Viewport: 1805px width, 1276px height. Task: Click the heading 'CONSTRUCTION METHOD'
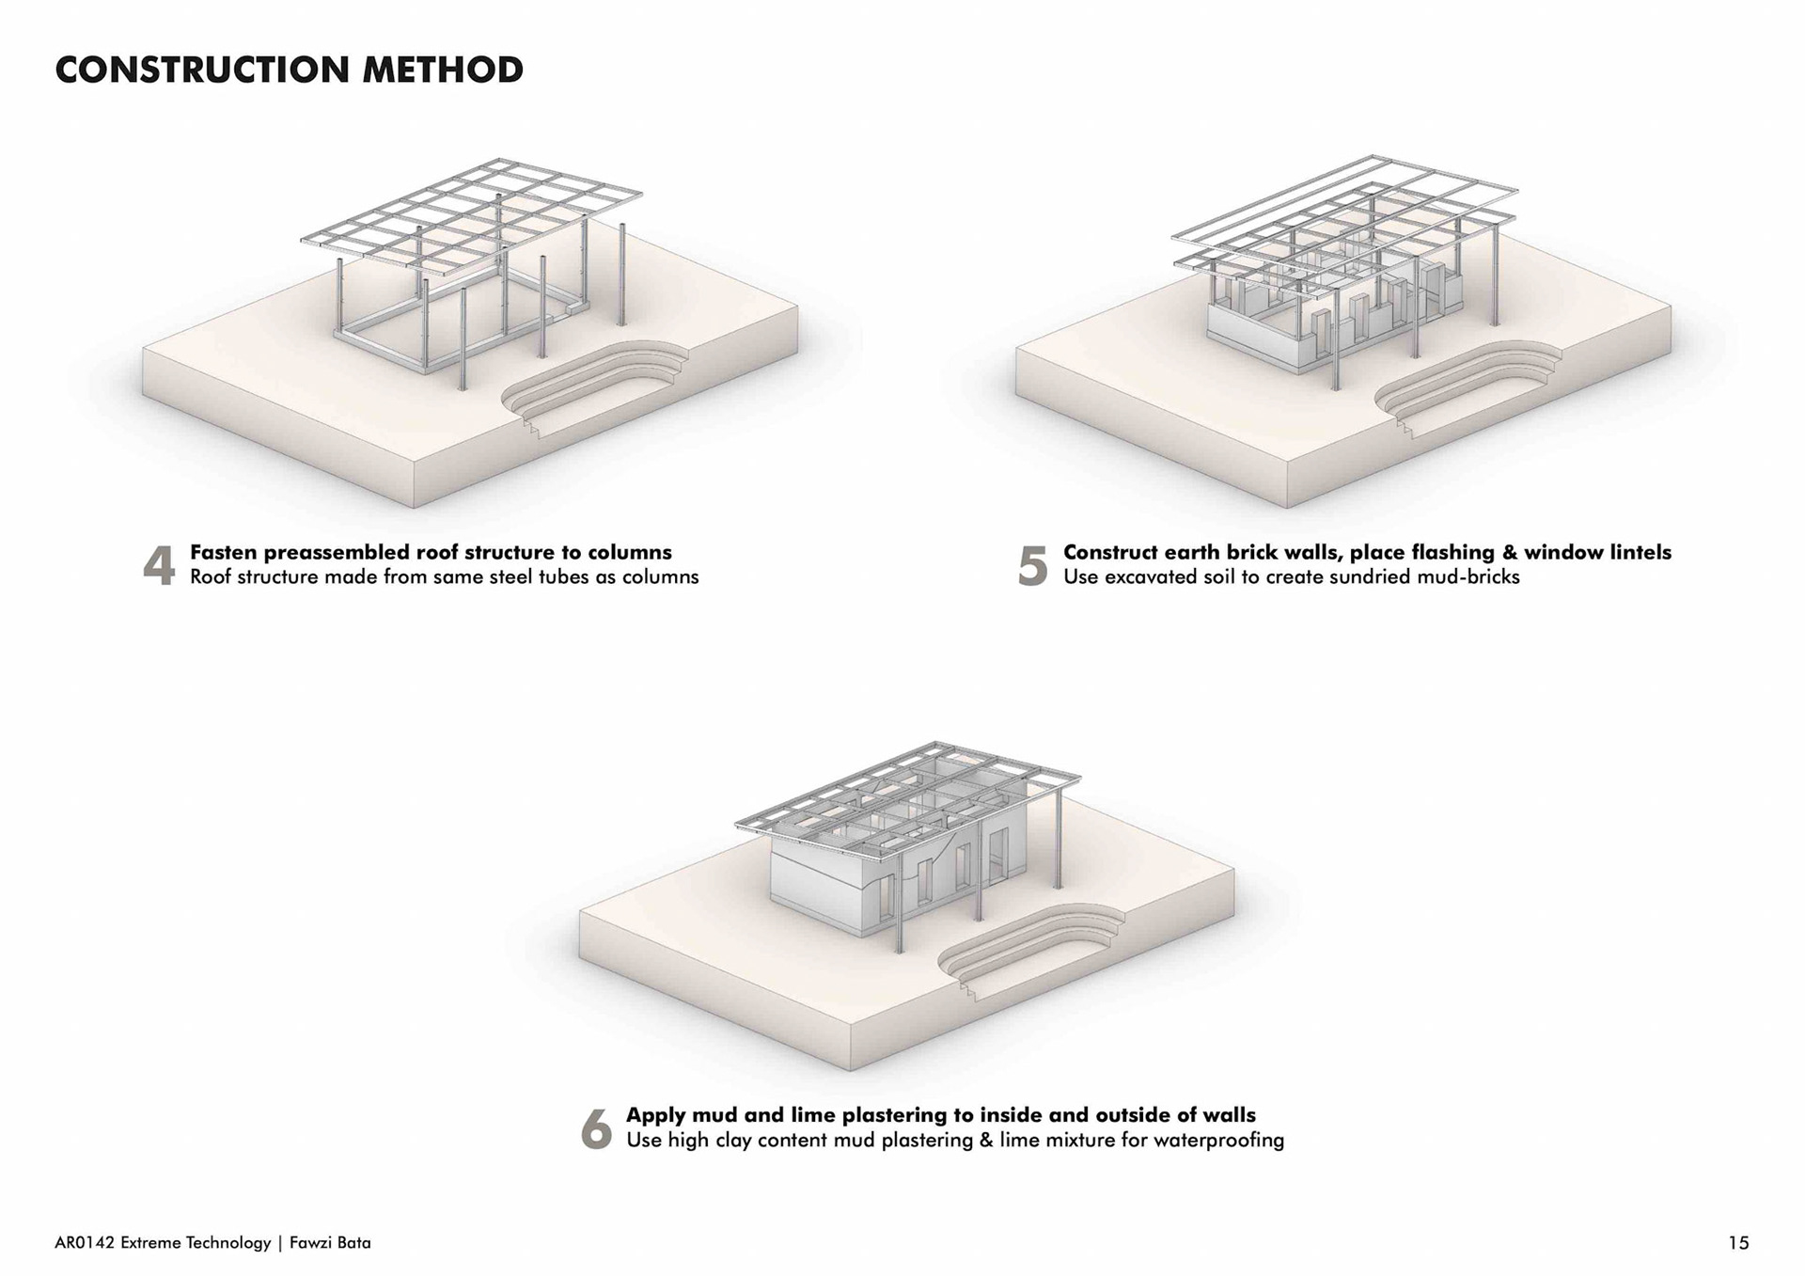tap(289, 71)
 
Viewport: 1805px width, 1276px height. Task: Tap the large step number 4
tap(159, 566)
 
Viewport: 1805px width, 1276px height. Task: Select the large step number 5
tap(1032, 566)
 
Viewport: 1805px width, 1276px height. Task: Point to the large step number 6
tap(596, 1128)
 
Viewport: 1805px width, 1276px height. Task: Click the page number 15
tap(1738, 1243)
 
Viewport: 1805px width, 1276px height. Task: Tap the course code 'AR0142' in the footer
tap(86, 1243)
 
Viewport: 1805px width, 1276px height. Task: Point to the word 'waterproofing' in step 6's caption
tap(1218, 1141)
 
